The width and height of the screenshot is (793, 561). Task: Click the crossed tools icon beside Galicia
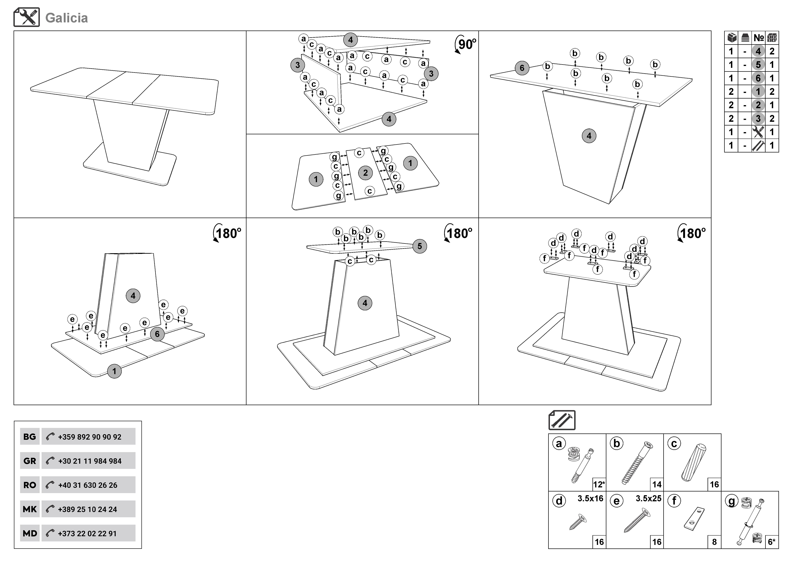click(27, 17)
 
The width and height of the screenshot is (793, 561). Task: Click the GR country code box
click(30, 461)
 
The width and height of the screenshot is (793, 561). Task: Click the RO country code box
click(30, 485)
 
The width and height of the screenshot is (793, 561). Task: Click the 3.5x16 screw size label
click(590, 498)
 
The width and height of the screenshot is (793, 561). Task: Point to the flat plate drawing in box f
click(694, 519)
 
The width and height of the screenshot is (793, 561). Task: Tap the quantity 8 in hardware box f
click(714, 542)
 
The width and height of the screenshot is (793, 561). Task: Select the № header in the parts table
click(758, 38)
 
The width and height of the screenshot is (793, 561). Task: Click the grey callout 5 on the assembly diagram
click(420, 246)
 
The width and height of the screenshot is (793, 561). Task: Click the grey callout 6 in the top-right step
click(522, 68)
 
